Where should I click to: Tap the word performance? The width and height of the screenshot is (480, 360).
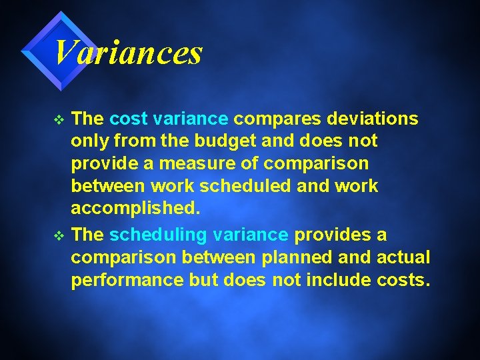coord(127,281)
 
